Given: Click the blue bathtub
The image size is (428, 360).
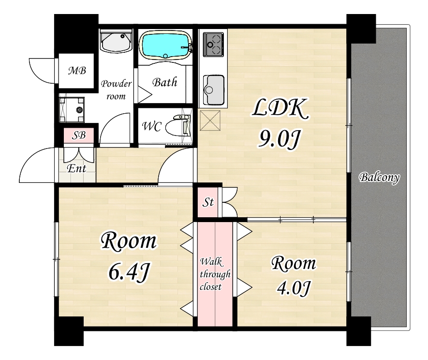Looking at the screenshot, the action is tap(164, 45).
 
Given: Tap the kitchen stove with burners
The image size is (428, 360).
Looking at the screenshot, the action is tap(214, 44).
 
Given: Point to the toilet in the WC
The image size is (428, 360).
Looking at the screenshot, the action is tap(177, 126).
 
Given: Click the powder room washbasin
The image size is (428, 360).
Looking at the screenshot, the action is tap(116, 41).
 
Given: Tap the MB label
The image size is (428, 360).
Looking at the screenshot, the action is tap(77, 71).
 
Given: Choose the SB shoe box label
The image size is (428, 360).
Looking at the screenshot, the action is tap(79, 135).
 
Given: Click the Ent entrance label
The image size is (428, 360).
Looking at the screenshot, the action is tap(77, 168).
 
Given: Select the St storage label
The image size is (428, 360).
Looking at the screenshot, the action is tap(208, 202).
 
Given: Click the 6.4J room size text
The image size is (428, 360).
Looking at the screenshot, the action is tap(129, 272).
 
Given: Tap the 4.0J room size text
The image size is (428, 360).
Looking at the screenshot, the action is tap(294, 288).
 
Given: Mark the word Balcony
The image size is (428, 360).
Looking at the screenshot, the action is tap(379, 178).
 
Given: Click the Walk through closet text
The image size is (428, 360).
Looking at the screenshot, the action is tap(215, 274).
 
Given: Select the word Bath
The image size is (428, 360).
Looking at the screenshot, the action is tap(164, 82).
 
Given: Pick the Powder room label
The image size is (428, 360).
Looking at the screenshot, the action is tap(116, 90).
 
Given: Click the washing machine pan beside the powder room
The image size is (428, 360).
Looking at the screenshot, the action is tap(72, 109).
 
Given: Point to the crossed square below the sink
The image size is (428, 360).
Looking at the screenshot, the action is tap(210, 120).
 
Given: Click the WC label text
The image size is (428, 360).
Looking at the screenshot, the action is tap(152, 126).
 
